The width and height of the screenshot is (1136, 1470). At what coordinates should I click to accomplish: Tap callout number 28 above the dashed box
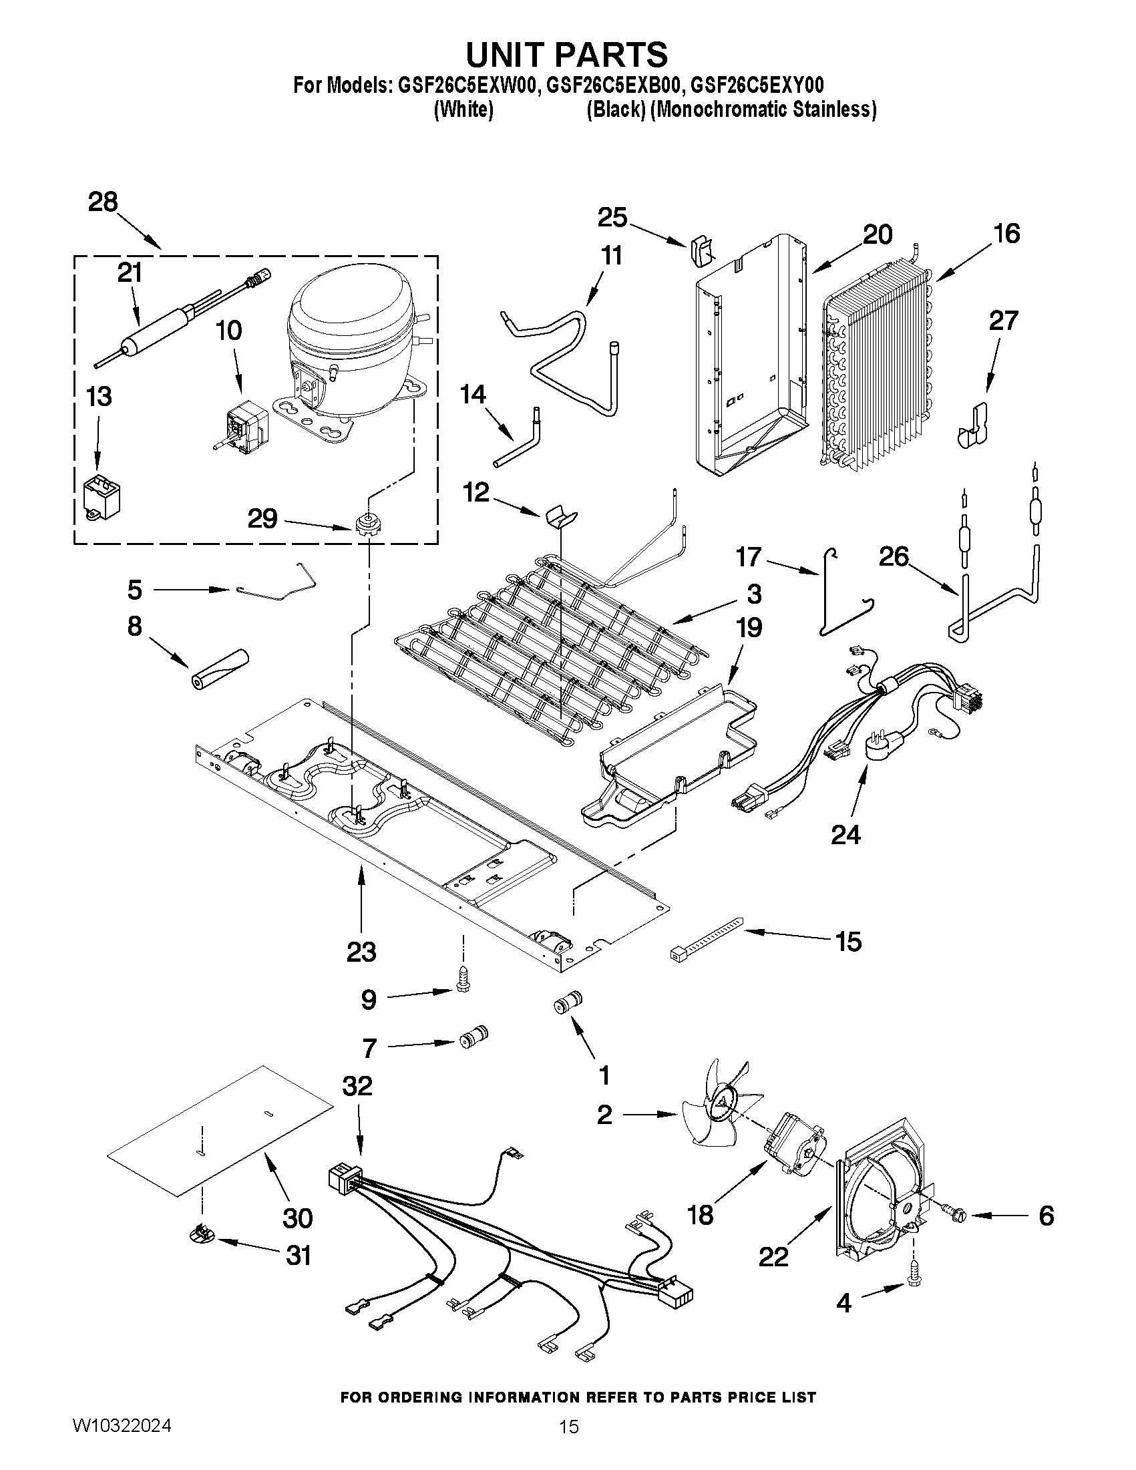103,201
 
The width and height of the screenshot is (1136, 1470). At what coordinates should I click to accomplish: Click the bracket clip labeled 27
972,427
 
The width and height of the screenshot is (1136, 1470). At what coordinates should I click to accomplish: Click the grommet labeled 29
365,524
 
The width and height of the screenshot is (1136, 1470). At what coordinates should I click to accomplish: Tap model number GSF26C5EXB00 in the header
609,85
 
